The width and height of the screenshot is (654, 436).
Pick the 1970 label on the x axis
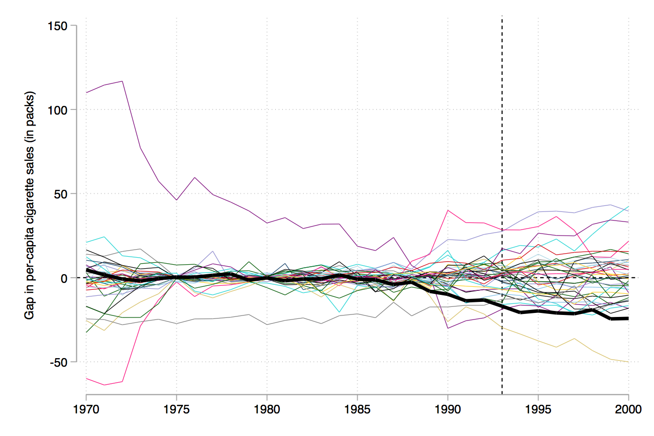click(86, 409)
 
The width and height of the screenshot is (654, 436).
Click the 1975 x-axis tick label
click(176, 409)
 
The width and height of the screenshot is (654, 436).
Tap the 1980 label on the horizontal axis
click(267, 409)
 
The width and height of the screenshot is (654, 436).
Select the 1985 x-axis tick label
click(357, 409)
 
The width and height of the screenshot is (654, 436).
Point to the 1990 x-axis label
click(448, 409)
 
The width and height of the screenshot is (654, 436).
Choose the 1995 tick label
click(538, 409)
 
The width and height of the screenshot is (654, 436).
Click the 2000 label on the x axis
click(628, 409)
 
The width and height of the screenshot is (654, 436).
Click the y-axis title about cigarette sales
click(30, 206)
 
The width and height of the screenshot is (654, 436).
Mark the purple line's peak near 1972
click(123, 81)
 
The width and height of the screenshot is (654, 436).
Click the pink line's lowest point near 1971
click(104, 385)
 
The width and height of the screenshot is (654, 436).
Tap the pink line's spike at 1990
click(448, 210)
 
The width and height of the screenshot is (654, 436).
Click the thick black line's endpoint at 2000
click(628, 318)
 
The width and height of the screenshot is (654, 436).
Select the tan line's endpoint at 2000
click(628, 362)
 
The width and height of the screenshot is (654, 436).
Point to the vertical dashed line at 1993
click(502, 151)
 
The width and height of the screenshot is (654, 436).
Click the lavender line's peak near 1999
click(610, 205)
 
